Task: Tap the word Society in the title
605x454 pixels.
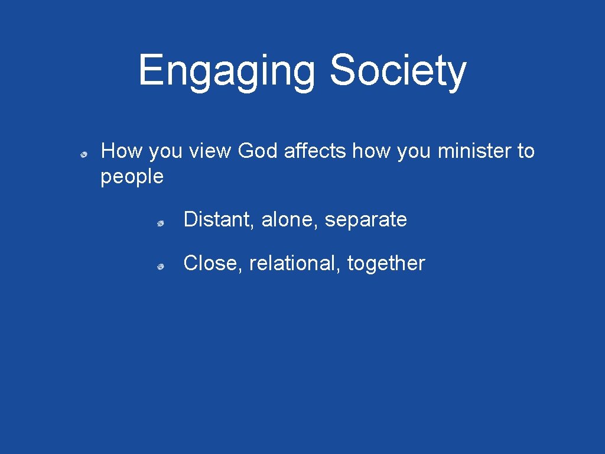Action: tap(398, 71)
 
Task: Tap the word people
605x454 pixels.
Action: tap(132, 177)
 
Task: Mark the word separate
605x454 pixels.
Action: tap(366, 220)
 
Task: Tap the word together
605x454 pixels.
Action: tap(386, 263)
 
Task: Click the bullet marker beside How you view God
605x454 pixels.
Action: tap(85, 154)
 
